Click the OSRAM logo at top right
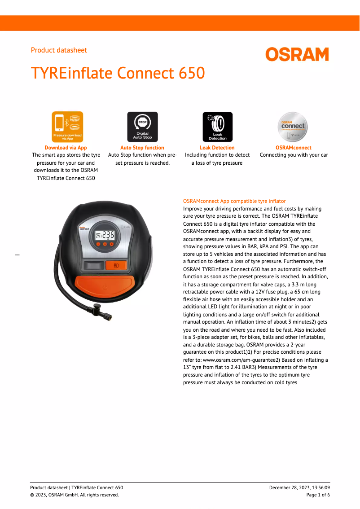coord(297,54)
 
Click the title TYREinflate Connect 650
coord(118,73)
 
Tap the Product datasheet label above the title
coord(59,50)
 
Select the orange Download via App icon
coord(67,127)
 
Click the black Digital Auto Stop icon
coord(142,127)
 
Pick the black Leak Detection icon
coord(217,127)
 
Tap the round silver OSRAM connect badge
coord(293,127)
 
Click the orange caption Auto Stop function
coord(142,148)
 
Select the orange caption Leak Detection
coord(217,148)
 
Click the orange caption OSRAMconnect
coord(293,148)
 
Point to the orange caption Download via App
coord(66,148)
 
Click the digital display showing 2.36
coord(105,235)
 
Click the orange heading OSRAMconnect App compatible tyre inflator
coord(234,201)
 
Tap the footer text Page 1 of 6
coord(318,495)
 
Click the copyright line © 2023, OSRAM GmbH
coord(75,495)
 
